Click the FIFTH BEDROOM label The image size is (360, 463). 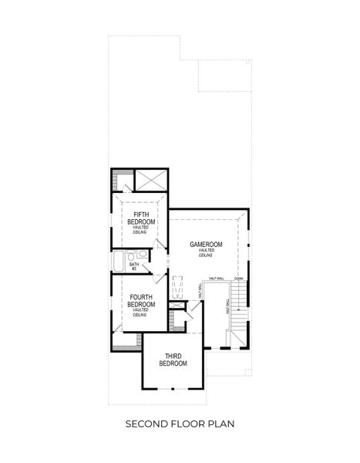pyautogui.click(x=142, y=218)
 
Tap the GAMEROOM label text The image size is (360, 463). pyautogui.click(x=206, y=245)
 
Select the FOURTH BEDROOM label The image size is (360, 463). pyautogui.click(x=142, y=300)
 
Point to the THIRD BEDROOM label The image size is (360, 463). pyautogui.click(x=173, y=359)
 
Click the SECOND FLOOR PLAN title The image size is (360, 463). pyautogui.click(x=180, y=424)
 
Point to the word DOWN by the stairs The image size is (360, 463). pyautogui.click(x=239, y=279)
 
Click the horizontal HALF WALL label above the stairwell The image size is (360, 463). pyautogui.click(x=216, y=279)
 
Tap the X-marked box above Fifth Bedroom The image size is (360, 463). pyautogui.click(x=149, y=180)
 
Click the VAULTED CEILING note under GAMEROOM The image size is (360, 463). pyautogui.click(x=206, y=253)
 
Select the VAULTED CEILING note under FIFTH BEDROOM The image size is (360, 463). pyautogui.click(x=142, y=230)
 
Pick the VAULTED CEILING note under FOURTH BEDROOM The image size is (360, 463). pyautogui.click(x=140, y=313)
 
